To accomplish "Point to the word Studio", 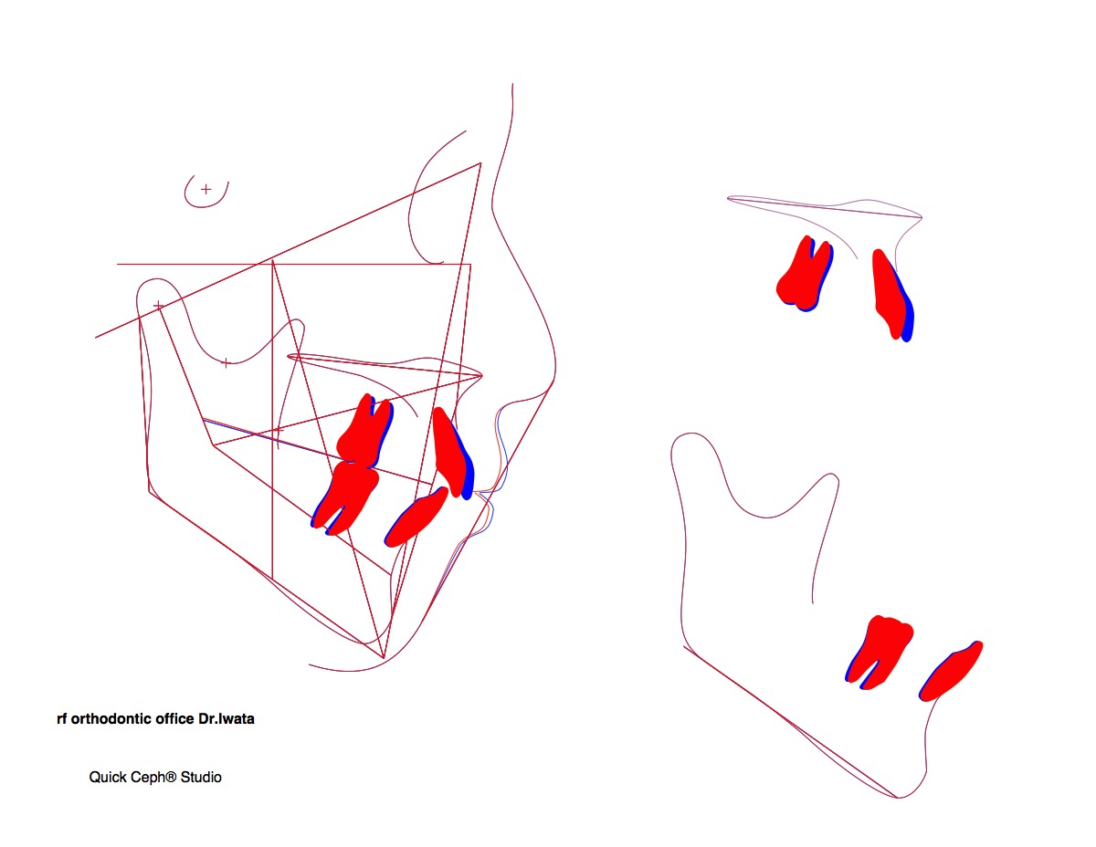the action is pos(201,778).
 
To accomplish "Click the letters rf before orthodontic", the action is pos(61,719).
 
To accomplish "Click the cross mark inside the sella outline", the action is pos(205,190).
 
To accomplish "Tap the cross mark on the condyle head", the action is pos(158,306).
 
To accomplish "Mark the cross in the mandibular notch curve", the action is pos(226,362).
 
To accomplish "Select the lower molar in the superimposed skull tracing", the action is pos(344,497).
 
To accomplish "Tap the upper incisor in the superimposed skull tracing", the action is pos(452,454).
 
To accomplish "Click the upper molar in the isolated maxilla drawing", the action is pos(805,274).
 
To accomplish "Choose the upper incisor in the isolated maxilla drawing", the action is pos(893,295).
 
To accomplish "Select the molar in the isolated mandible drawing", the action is pos(879,653).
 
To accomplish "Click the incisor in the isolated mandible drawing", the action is pos(951,672).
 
